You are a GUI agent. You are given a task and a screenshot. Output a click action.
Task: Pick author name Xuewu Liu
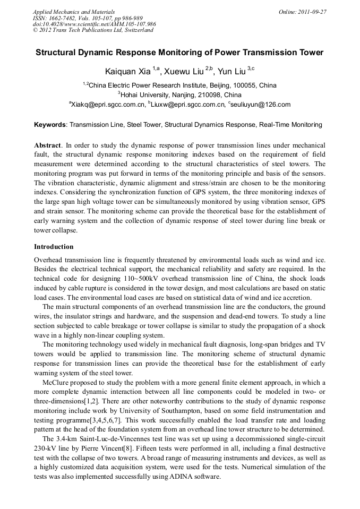pyautogui.click(x=182, y=71)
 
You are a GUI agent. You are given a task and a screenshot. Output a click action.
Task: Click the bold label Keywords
pyautogui.click(x=50, y=125)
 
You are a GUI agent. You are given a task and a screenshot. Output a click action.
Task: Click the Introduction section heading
pyautogui.click(x=54, y=247)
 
